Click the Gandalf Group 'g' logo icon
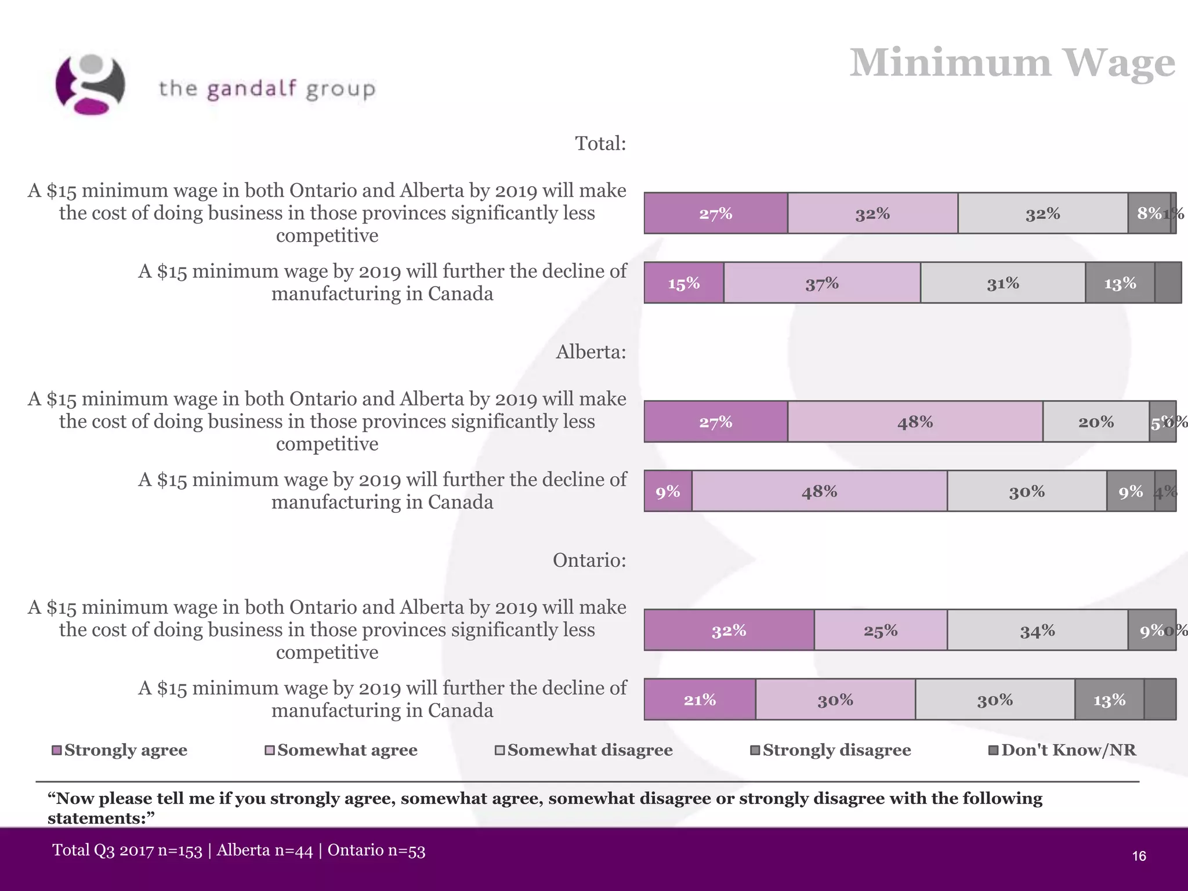(x=90, y=85)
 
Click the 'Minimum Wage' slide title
(x=1012, y=63)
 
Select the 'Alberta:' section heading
(x=591, y=352)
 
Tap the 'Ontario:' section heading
(x=589, y=560)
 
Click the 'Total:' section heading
(x=600, y=143)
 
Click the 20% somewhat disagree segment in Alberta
(x=1096, y=422)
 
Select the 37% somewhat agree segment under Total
(x=822, y=283)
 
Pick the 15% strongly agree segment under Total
(x=684, y=283)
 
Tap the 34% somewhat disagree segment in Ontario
(x=1037, y=630)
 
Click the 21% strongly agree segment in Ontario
(x=700, y=700)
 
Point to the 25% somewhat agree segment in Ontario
(x=881, y=630)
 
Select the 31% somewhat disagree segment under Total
(x=1003, y=283)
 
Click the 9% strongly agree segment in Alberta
(x=668, y=491)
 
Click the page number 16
(x=1139, y=856)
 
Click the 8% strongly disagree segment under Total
(x=1149, y=213)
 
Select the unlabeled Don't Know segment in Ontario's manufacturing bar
(x=1160, y=700)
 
